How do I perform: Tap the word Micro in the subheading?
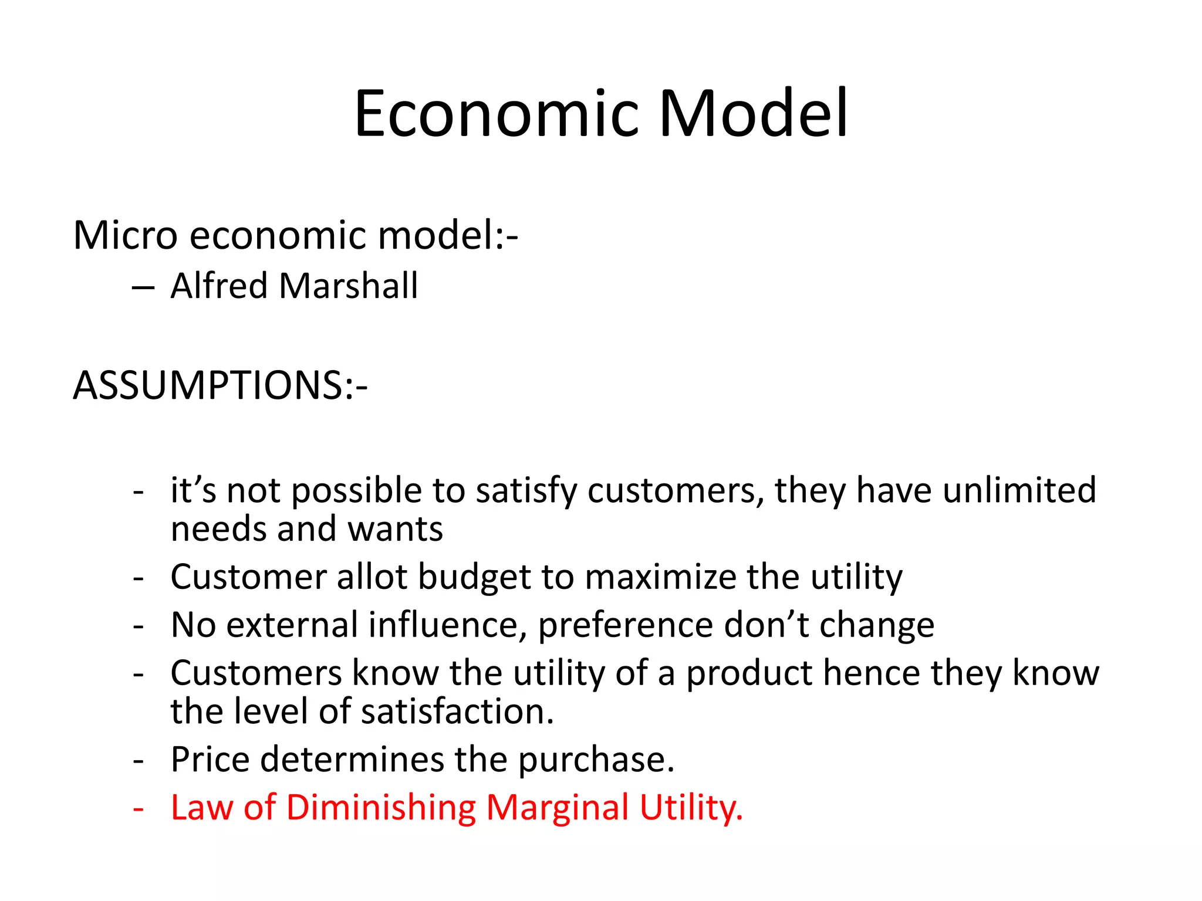click(x=125, y=235)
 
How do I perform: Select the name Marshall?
click(x=349, y=286)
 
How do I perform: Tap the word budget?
click(x=474, y=577)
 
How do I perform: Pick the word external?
click(x=292, y=625)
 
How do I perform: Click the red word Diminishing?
click(x=381, y=808)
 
